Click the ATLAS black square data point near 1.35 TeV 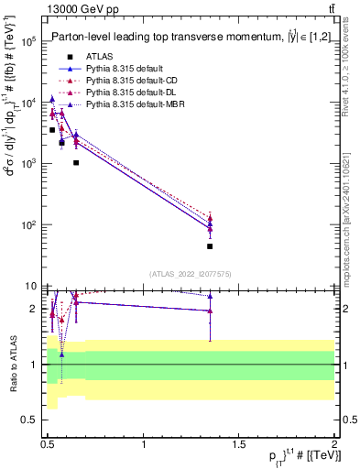(210, 245)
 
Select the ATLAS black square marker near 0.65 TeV (76, 163)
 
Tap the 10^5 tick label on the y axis (28, 42)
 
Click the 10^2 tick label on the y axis (28, 225)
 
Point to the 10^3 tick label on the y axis (28, 164)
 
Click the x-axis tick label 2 (333, 443)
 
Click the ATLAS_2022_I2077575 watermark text (189, 274)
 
